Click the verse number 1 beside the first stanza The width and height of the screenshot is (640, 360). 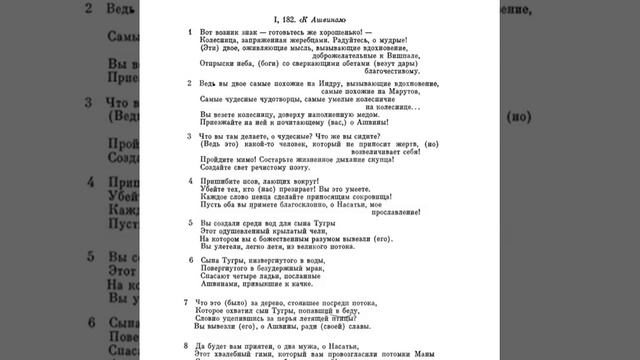[190, 33]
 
